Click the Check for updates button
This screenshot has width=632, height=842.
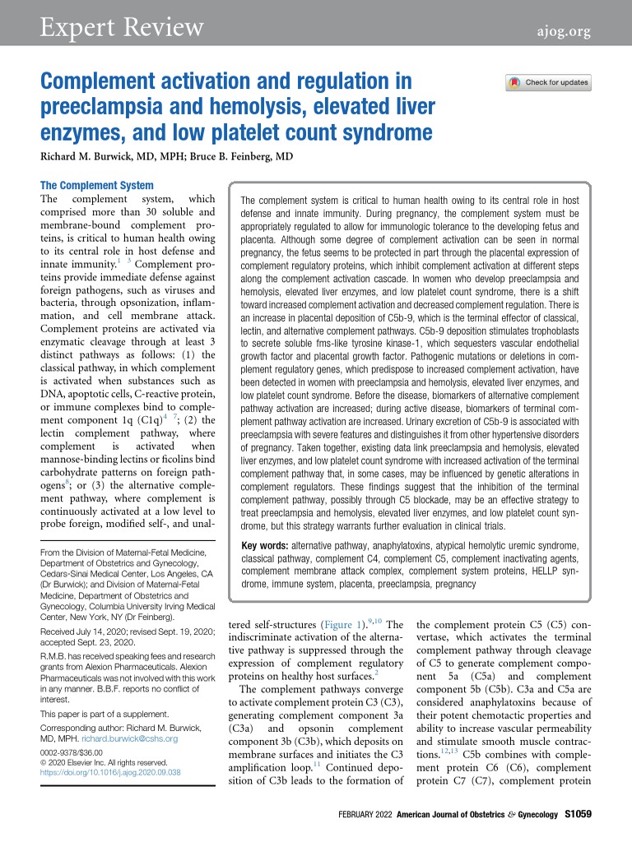pyautogui.click(x=548, y=82)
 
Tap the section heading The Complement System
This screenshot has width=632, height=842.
pyautogui.click(x=96, y=186)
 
